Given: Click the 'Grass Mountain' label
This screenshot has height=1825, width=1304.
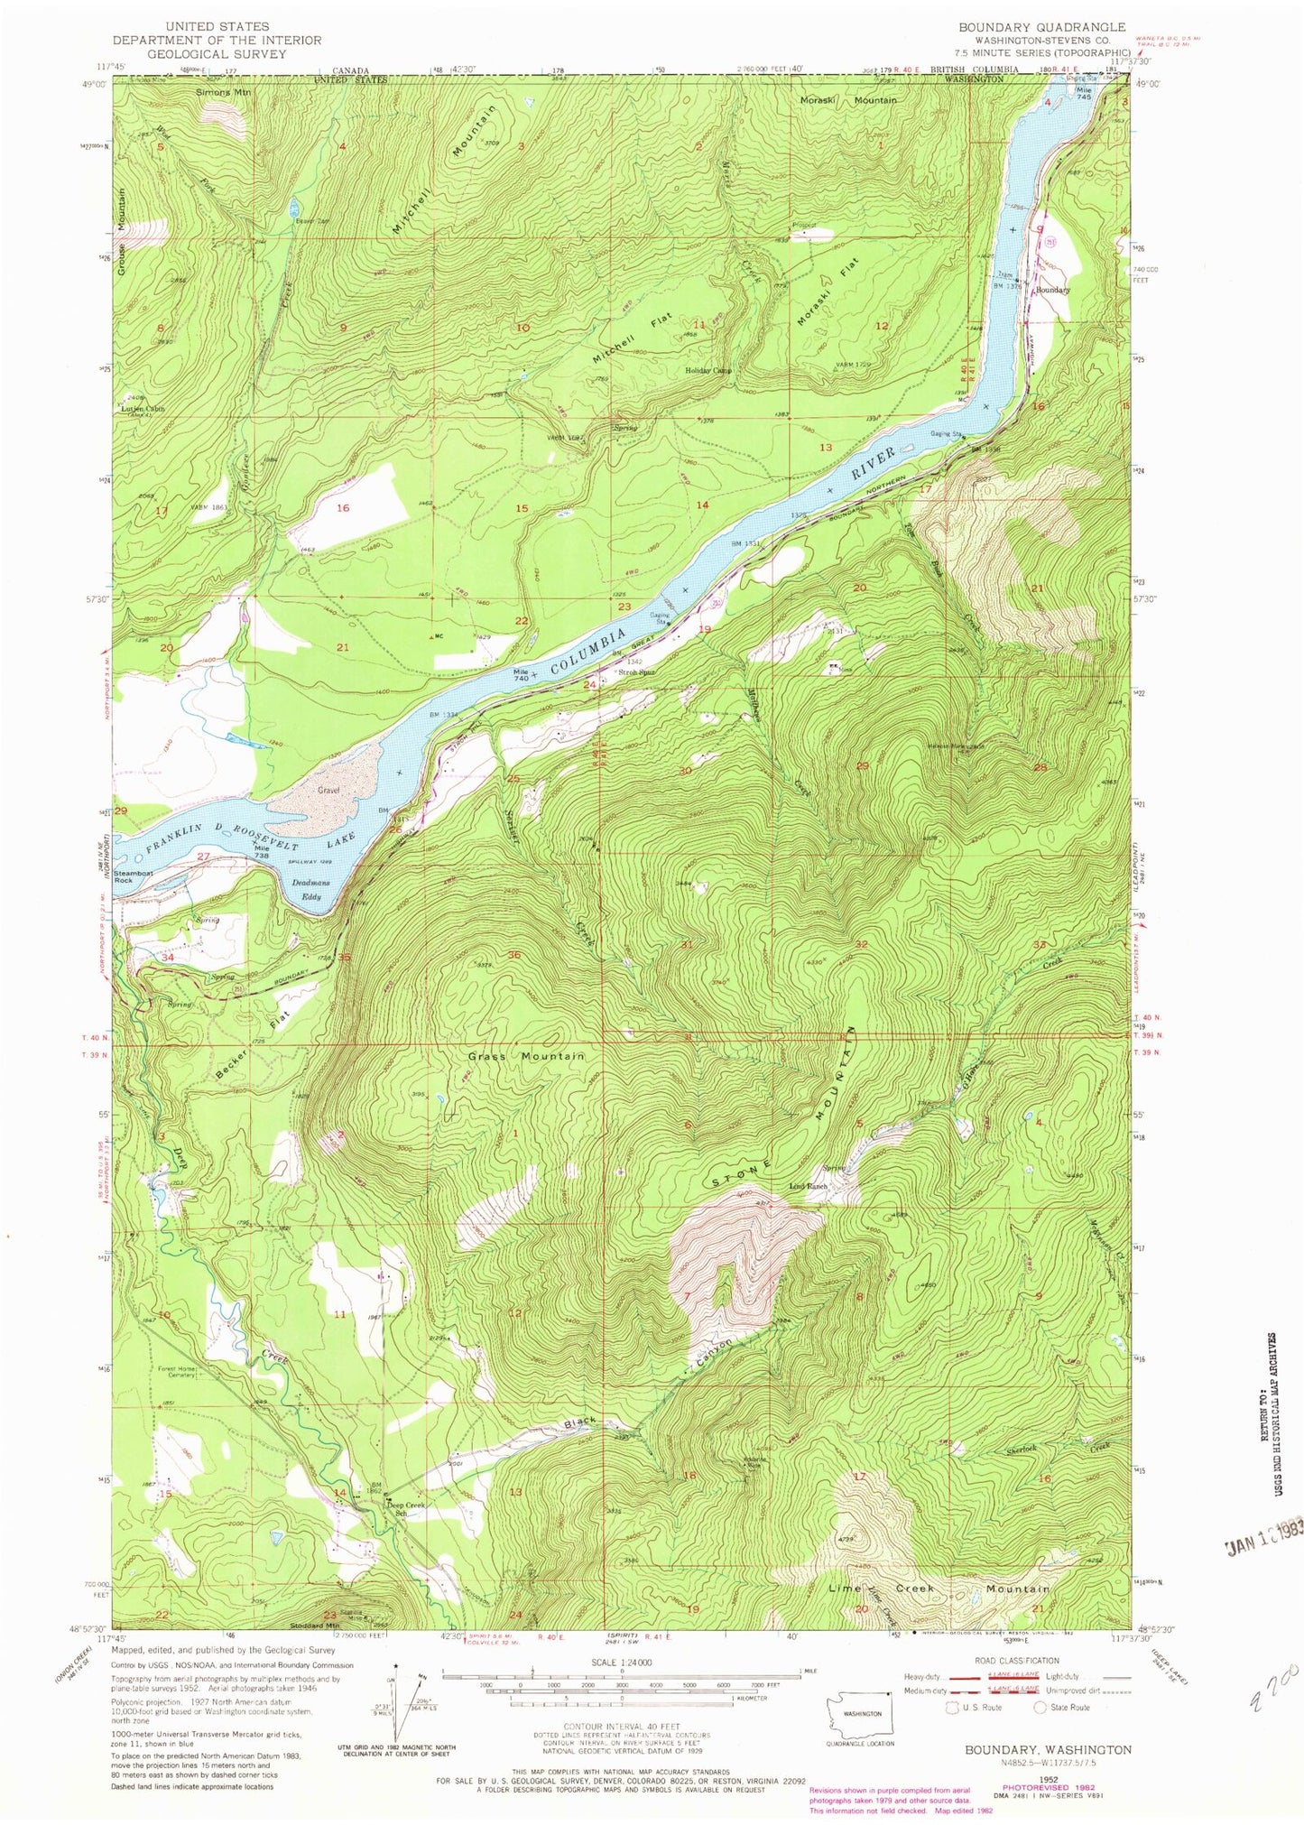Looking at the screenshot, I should coord(526,1055).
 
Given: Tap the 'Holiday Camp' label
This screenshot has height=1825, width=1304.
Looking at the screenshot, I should coord(708,370).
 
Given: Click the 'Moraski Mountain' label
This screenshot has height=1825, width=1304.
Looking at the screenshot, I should coord(848,100).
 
